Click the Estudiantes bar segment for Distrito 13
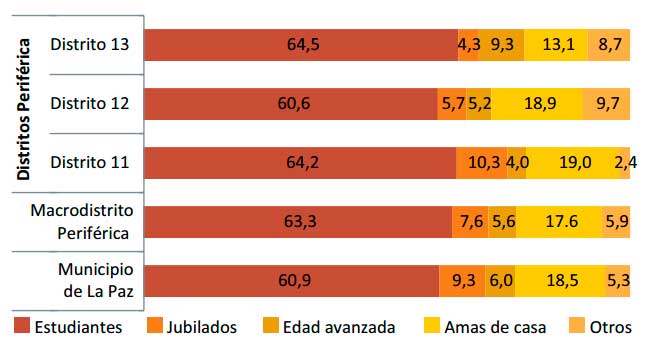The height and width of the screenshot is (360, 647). (300, 46)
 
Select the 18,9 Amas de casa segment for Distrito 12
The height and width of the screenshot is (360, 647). (538, 104)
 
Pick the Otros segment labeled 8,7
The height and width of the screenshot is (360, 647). (608, 46)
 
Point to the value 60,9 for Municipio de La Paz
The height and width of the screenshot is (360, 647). (291, 281)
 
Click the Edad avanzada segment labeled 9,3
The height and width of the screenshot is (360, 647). (502, 46)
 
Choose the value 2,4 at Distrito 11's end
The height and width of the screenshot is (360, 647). (623, 162)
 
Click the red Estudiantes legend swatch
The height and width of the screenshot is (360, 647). (22, 326)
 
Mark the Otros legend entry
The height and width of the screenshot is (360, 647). (599, 326)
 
